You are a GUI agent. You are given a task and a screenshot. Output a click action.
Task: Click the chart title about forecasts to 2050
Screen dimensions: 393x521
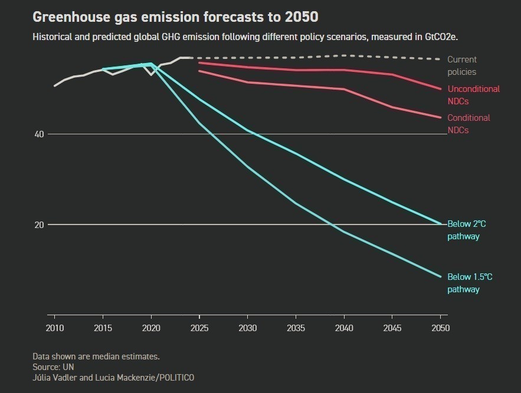click(175, 15)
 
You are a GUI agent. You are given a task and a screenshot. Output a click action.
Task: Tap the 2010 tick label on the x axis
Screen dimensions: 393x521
click(55, 328)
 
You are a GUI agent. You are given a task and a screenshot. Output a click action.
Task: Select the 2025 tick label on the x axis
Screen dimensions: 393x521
click(200, 328)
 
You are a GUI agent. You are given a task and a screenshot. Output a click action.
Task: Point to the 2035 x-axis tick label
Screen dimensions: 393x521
click(296, 328)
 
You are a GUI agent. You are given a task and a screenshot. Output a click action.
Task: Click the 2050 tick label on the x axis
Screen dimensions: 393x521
click(440, 328)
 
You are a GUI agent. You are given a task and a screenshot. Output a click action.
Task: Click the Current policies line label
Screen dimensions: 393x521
click(462, 65)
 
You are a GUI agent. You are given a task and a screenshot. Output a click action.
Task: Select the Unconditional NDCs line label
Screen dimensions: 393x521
click(473, 95)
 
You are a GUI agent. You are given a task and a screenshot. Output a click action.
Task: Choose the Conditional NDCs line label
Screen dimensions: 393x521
click(468, 124)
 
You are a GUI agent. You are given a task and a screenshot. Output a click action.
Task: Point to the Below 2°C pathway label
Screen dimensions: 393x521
click(466, 230)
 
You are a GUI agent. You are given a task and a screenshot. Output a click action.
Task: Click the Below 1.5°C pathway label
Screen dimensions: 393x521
click(470, 283)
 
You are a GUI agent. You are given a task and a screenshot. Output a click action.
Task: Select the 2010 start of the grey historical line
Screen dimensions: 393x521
click(55, 85)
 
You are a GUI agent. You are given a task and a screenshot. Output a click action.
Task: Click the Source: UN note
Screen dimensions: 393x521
click(53, 366)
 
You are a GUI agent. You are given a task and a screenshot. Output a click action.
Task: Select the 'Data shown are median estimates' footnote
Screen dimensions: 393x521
click(96, 356)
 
